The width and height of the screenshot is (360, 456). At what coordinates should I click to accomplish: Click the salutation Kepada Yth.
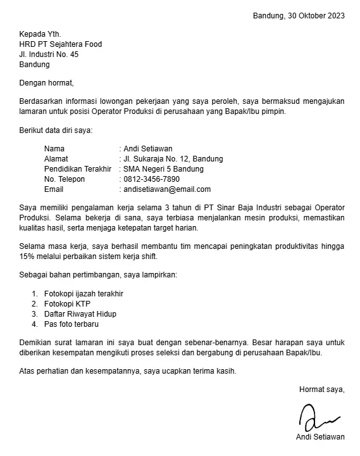(x=40, y=34)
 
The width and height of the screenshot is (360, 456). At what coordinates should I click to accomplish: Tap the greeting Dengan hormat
(x=47, y=82)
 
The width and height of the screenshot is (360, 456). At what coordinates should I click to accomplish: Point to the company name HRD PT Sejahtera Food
(x=61, y=44)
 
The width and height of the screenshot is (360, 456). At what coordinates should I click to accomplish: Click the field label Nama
(x=54, y=149)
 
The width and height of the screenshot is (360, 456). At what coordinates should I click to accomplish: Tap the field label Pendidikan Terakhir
(x=78, y=169)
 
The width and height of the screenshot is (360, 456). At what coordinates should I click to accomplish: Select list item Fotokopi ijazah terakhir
(x=84, y=294)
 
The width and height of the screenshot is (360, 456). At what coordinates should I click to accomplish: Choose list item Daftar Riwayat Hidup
(x=80, y=314)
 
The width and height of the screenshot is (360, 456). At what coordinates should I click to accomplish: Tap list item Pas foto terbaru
(x=71, y=324)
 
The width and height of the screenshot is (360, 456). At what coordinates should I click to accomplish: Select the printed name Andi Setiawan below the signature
(x=320, y=437)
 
